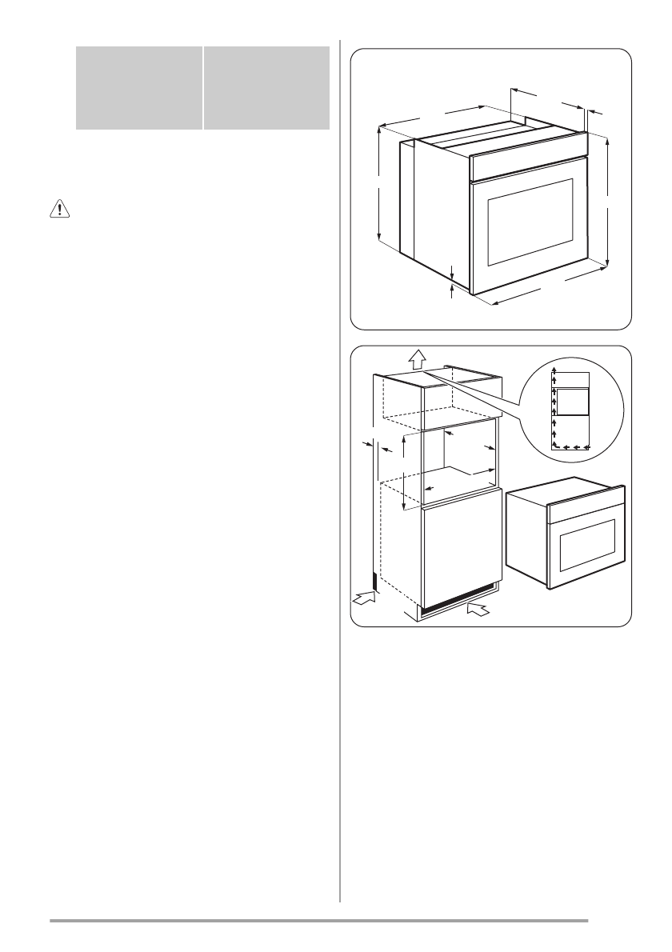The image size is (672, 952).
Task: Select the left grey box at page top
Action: click(x=138, y=86)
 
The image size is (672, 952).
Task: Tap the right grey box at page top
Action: click(x=266, y=86)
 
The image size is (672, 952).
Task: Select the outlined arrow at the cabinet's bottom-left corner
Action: click(x=364, y=598)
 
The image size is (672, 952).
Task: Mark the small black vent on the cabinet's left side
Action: click(x=374, y=580)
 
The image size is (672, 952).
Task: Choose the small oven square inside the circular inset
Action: click(x=572, y=402)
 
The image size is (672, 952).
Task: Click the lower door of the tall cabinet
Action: click(x=462, y=552)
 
